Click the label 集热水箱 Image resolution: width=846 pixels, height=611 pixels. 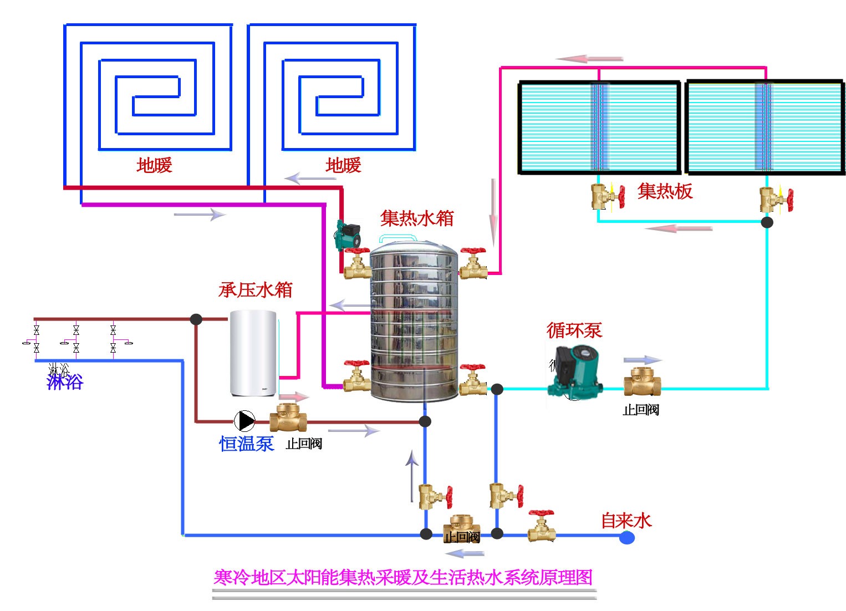(x=417, y=218)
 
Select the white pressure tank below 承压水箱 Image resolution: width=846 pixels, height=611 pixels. (x=253, y=353)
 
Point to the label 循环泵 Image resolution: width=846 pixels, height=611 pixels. (x=574, y=330)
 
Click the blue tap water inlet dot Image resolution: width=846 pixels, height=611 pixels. (x=627, y=537)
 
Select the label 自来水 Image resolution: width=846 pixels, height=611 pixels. (x=626, y=521)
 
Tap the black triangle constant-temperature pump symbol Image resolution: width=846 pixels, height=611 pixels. (x=244, y=421)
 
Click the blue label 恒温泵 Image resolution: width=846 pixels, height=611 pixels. (x=246, y=444)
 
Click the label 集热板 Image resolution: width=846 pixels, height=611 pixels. (x=665, y=191)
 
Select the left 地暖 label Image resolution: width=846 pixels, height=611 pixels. (x=154, y=165)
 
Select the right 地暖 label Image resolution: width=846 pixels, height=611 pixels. (x=343, y=165)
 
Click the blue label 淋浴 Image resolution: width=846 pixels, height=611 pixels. (x=65, y=382)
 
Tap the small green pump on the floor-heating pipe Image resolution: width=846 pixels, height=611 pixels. (x=348, y=236)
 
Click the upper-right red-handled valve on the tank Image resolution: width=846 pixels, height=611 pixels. (x=473, y=264)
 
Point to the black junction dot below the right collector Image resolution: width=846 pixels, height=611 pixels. (x=767, y=222)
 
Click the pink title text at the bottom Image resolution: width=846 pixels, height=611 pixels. (x=403, y=577)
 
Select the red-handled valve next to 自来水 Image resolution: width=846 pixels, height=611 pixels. (x=541, y=526)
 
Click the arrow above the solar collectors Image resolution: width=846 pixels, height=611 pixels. (x=589, y=59)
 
